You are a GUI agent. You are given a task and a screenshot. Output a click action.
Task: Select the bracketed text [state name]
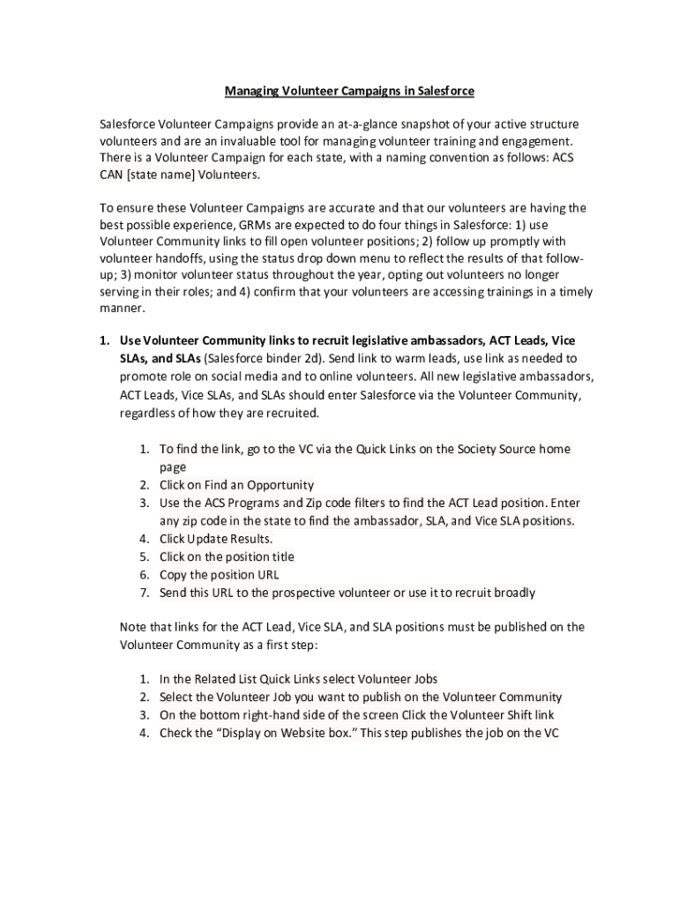click(164, 175)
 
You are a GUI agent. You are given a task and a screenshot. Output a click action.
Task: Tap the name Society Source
click(470, 449)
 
